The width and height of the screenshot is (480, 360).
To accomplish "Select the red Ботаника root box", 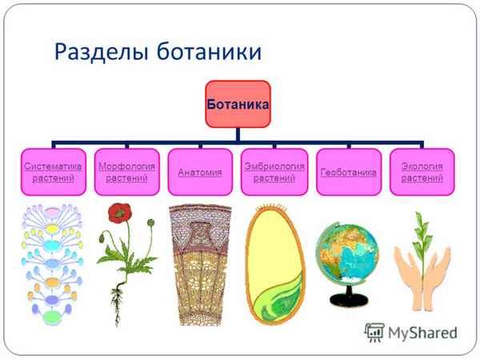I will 237,104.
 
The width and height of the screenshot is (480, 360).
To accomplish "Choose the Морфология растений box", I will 126,172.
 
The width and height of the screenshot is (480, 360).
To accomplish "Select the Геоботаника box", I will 348,172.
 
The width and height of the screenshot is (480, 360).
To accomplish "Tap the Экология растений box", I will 422,172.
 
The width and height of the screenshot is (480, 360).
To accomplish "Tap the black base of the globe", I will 349,302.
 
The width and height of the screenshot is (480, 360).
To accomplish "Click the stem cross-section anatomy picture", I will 200,264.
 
